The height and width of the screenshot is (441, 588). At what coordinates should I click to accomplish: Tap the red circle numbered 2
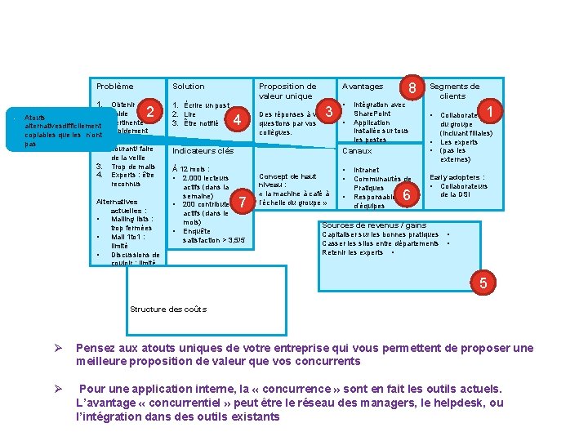[149, 111]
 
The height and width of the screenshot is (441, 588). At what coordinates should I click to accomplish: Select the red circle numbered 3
[329, 111]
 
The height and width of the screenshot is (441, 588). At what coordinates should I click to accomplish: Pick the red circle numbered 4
[236, 120]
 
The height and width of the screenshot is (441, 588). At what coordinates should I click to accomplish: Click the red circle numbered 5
[483, 283]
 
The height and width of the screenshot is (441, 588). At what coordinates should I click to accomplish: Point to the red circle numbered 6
[407, 194]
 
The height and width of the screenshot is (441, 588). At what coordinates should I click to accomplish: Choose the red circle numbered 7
[242, 202]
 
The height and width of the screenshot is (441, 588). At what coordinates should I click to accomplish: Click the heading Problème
[114, 86]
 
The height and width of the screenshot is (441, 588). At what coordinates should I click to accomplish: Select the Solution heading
[188, 86]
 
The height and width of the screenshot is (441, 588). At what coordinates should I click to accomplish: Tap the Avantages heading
[362, 86]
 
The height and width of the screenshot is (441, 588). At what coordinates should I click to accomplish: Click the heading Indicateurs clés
[203, 150]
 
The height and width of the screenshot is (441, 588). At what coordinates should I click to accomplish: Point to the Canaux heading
[357, 150]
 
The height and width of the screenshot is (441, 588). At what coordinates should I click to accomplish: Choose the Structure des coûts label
[168, 309]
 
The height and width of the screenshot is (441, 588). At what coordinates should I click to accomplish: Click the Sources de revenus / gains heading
[374, 225]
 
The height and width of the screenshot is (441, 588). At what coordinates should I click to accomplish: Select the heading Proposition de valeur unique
[287, 91]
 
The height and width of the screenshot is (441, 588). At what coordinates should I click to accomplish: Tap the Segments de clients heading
[454, 91]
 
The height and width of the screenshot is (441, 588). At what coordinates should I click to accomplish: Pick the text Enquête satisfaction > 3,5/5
[202, 235]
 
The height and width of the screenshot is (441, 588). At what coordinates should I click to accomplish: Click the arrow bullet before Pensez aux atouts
[57, 348]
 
